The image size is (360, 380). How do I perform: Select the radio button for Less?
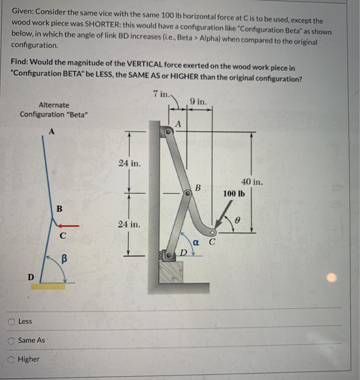point(12,321)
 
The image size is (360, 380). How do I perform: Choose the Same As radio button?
point(12,340)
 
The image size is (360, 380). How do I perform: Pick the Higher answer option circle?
point(12,359)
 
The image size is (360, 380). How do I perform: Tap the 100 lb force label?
point(234,193)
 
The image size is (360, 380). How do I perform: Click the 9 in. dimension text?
point(198,101)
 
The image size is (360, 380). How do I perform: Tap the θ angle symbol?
point(236,220)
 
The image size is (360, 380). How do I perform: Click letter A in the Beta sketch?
point(51,130)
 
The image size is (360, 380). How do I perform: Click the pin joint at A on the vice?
point(170,129)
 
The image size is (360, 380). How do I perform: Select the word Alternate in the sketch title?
point(54,105)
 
